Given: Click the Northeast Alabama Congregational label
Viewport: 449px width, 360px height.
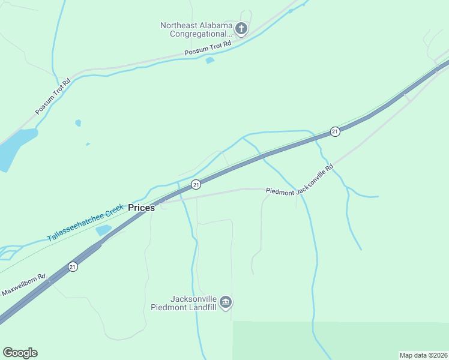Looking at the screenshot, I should (x=196, y=29).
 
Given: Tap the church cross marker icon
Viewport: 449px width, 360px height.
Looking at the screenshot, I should (x=241, y=28).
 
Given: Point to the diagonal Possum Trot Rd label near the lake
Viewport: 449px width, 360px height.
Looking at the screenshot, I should (x=53, y=97).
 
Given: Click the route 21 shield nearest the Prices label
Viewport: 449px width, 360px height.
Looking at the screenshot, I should (x=196, y=184).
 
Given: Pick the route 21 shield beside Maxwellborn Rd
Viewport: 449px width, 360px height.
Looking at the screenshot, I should (x=73, y=266).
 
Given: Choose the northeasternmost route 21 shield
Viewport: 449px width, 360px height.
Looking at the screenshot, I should (x=335, y=131).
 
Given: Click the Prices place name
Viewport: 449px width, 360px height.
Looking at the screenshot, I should (x=142, y=208).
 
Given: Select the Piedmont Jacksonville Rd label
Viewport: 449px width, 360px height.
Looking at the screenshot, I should (x=299, y=180).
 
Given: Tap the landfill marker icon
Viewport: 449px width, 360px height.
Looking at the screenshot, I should (x=226, y=302).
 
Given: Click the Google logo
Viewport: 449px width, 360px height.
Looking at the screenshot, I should (x=20, y=353).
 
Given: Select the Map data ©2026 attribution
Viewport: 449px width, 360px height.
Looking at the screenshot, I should (x=423, y=355).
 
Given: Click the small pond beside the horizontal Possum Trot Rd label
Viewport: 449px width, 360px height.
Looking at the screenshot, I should (x=209, y=60).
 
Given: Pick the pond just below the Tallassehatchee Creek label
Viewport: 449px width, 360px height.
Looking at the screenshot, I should (x=103, y=230).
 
